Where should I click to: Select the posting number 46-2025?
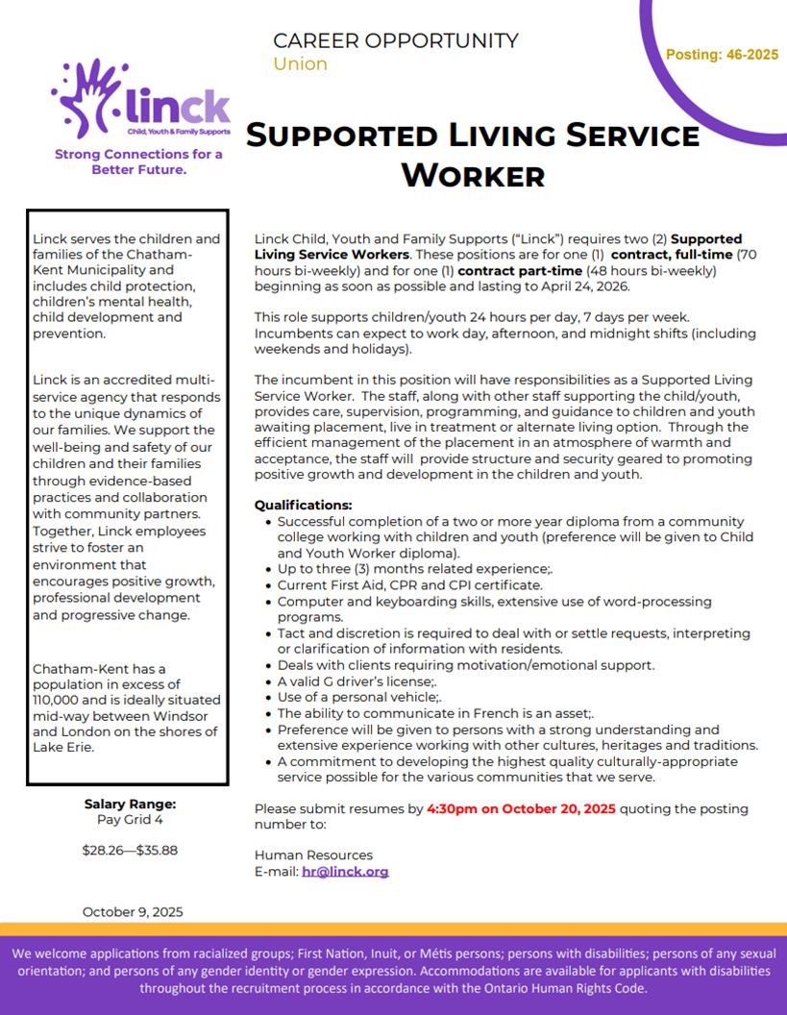coord(722,55)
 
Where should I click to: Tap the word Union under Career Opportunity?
coord(300,64)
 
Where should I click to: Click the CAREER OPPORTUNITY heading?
coord(395,40)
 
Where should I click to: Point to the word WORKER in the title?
coord(472,176)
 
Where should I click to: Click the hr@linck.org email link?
coord(345,872)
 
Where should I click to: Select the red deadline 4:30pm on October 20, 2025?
coord(521,808)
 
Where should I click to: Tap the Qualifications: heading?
coord(303,506)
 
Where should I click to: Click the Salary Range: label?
coord(130,805)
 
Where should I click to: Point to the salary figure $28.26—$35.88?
coord(130,850)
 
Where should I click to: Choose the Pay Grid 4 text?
coord(130,820)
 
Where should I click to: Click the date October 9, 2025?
coord(133,911)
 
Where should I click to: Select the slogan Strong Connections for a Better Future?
coord(138,161)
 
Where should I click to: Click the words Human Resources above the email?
coord(313,854)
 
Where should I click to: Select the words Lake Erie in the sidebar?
coord(62,747)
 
